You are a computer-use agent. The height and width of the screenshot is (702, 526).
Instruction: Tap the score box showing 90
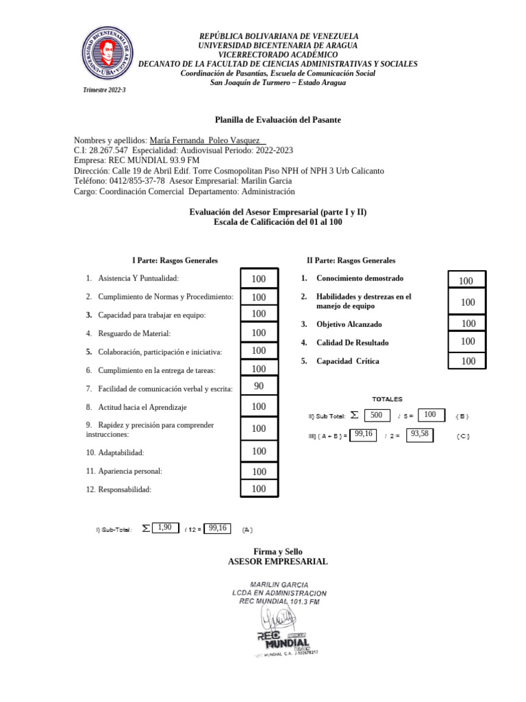coord(259,387)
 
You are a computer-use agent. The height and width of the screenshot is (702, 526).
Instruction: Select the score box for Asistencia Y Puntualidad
coord(259,279)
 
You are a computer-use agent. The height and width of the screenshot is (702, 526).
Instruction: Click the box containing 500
coord(376,415)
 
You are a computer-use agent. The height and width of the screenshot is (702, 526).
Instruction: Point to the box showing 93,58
coord(420,434)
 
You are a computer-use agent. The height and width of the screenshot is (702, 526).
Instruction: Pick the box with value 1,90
coord(164,527)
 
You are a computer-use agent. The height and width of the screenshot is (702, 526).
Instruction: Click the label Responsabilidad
coord(124,489)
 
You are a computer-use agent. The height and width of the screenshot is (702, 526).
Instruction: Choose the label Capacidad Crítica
coord(347,361)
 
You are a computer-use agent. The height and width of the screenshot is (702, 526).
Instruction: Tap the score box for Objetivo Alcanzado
coord(468,324)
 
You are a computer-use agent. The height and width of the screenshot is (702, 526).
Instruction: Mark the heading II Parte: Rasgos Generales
coord(351,261)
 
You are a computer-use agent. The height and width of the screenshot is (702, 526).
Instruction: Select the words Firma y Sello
coord(277,551)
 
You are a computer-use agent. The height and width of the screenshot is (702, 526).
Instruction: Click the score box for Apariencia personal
coord(259,472)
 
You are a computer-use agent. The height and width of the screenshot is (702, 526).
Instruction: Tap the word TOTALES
coord(387,399)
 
